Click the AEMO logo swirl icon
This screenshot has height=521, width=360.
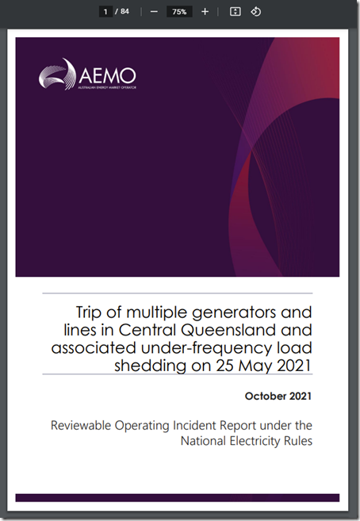(x=57, y=74)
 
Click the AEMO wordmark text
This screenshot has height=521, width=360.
(x=107, y=76)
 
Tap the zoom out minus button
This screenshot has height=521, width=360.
(x=154, y=12)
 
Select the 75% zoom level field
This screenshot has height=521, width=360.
(x=179, y=12)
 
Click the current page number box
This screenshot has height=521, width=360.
(x=105, y=12)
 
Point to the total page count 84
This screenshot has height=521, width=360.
(x=124, y=12)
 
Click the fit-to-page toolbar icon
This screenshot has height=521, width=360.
(x=236, y=12)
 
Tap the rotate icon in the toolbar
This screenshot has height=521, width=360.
(x=255, y=12)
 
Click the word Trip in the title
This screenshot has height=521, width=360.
(x=87, y=313)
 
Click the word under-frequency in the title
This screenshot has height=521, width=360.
(x=207, y=348)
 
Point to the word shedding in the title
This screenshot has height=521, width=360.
(x=151, y=366)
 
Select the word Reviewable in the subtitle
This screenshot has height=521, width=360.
(x=81, y=425)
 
